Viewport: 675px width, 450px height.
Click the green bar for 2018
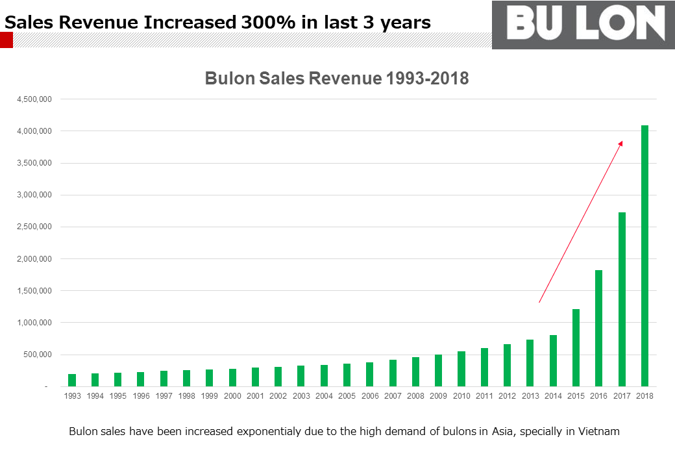coord(644,256)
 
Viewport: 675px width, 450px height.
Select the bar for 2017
coord(622,299)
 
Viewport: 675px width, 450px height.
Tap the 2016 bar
coord(599,329)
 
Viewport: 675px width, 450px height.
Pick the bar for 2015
coord(576,348)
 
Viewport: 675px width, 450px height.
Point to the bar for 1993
coord(72,381)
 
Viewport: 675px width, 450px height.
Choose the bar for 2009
coord(438,371)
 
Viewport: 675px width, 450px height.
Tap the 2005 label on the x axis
coord(347,395)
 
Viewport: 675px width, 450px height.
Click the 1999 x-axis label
coord(209,395)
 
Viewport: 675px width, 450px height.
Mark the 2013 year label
coord(530,395)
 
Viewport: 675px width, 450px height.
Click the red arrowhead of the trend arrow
coord(620,143)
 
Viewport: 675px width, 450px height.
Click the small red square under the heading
coord(6,41)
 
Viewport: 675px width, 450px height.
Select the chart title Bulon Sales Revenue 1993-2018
coord(337,79)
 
